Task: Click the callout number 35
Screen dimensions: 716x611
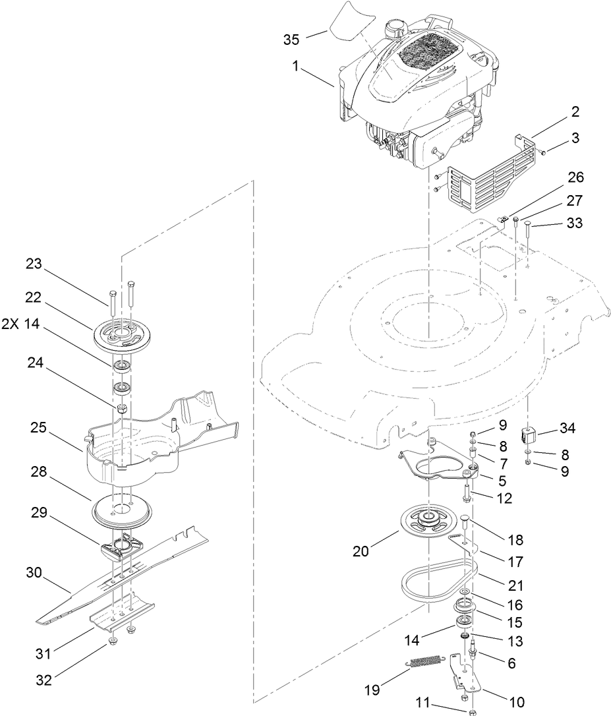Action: (x=291, y=40)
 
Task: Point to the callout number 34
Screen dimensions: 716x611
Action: (x=567, y=429)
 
